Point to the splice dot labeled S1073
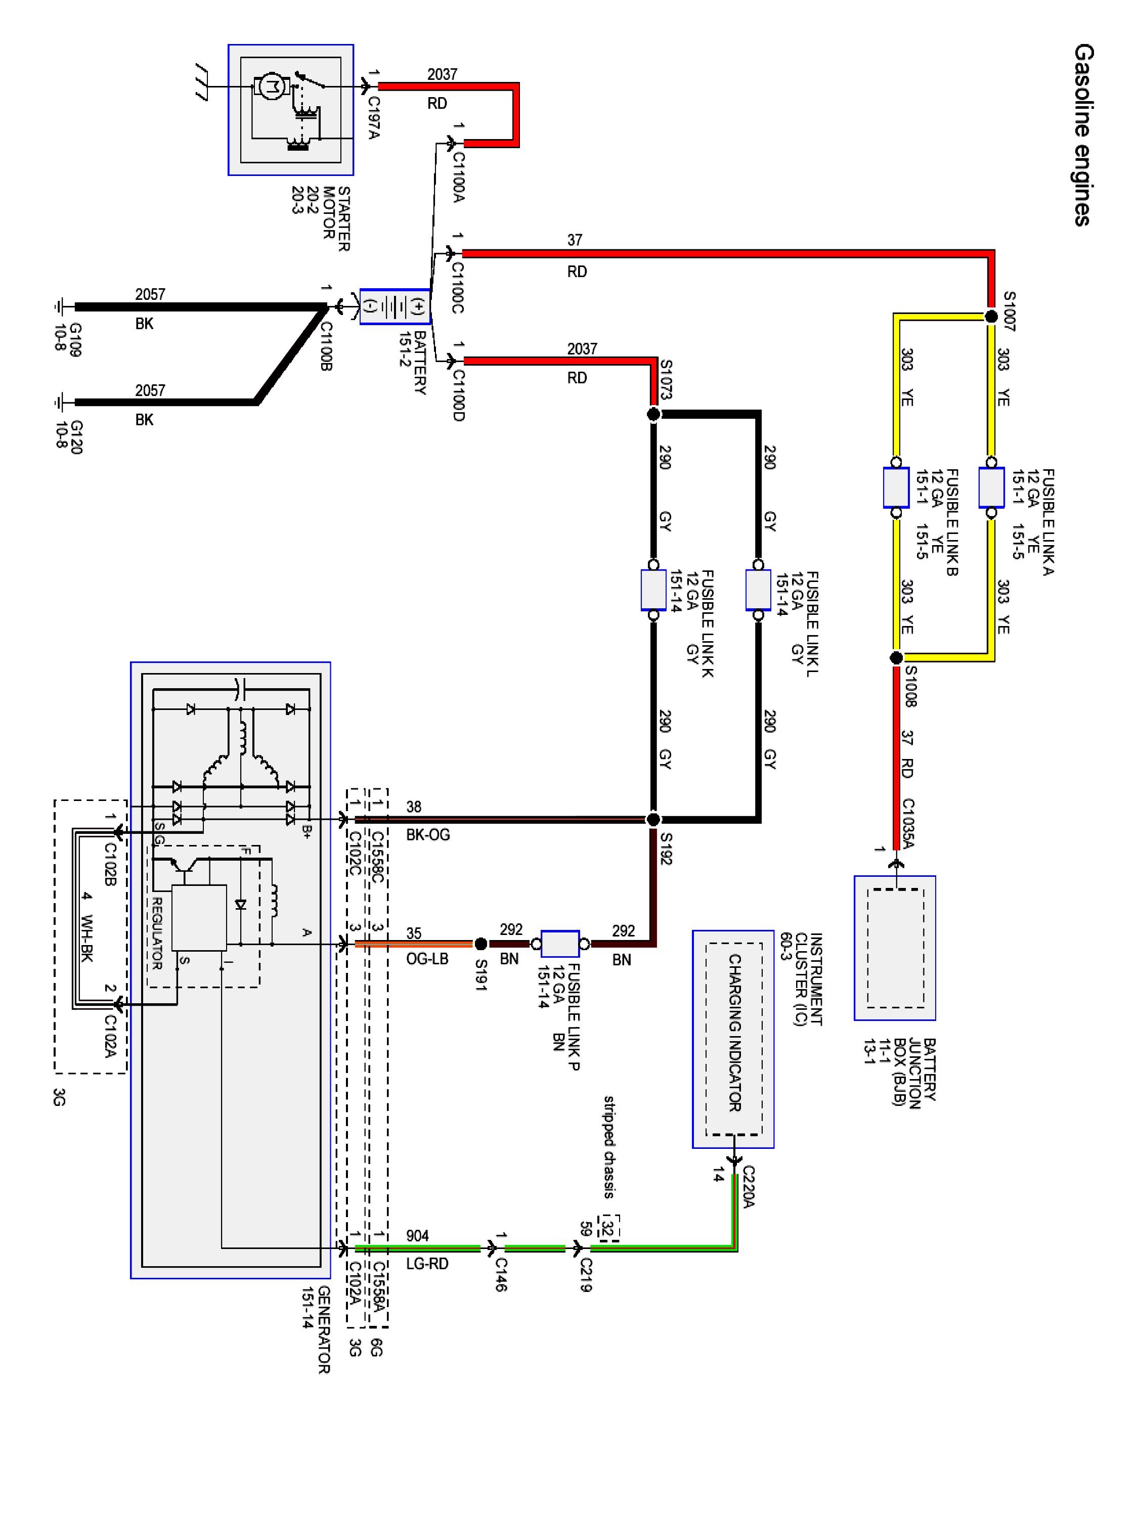(653, 414)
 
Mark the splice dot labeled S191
(481, 944)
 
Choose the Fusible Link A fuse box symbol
(991, 487)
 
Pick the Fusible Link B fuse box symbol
(896, 487)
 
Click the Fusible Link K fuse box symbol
(653, 589)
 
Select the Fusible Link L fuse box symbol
(758, 589)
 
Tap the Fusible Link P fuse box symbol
(560, 944)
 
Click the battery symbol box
(395, 306)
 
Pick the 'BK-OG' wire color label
(428, 835)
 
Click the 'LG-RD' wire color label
(427, 1263)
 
